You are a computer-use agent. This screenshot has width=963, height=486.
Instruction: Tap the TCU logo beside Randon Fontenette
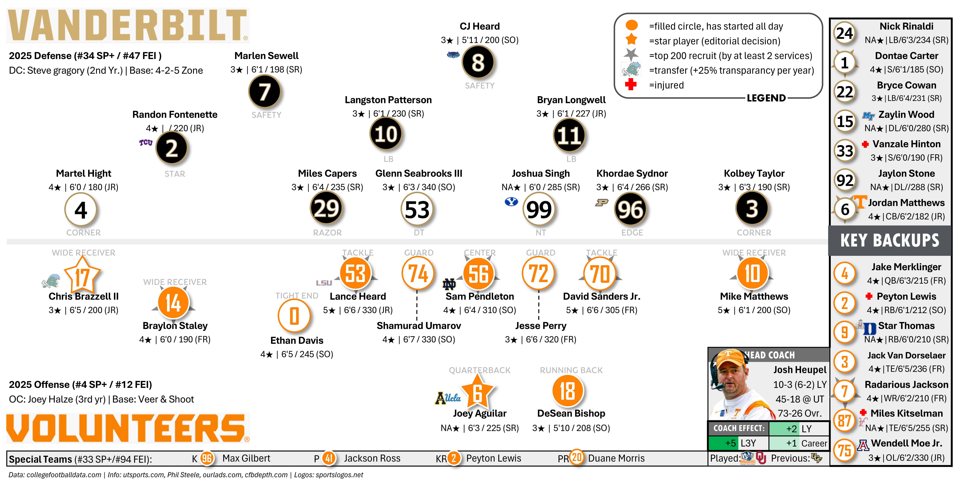[146, 143]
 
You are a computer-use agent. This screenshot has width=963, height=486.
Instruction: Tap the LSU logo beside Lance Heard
[324, 283]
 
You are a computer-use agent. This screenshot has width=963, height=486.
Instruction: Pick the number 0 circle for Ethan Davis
[294, 316]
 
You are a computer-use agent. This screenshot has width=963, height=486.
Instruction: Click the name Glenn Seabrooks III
[419, 174]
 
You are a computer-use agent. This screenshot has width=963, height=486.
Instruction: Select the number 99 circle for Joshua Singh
[539, 209]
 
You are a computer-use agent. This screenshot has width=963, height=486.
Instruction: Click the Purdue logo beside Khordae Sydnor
[601, 203]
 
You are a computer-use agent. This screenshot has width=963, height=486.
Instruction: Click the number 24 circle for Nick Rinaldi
[844, 33]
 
